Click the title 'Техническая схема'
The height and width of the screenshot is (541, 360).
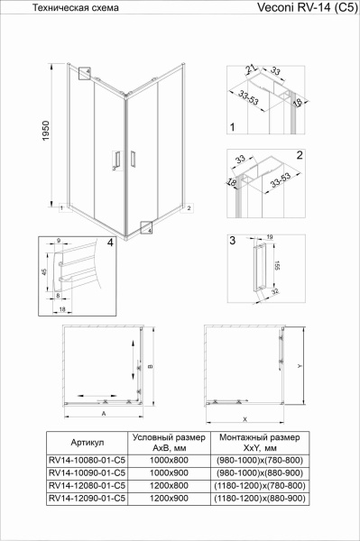coord(66,7)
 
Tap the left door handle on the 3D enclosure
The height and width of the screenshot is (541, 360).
coord(115,159)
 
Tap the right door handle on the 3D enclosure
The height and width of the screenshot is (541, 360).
coord(133,160)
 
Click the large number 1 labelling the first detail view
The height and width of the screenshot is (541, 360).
coord(232,128)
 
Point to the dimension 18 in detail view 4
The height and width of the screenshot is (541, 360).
coord(62,308)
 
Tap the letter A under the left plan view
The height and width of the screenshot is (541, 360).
coord(105,413)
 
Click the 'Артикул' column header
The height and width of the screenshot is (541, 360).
coord(88,443)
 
